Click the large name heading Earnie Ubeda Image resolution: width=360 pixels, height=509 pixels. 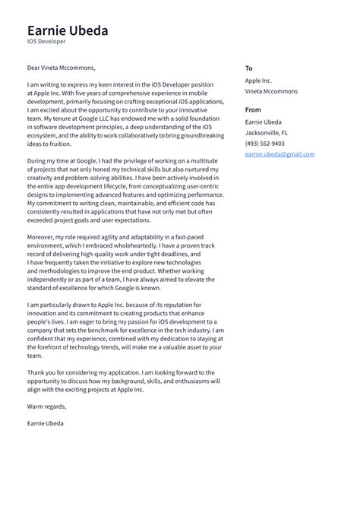[x=68, y=30]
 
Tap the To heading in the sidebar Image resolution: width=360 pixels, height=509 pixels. [x=248, y=68]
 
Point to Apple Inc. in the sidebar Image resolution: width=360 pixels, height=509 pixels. [x=258, y=80]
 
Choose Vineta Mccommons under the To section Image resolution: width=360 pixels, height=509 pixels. [x=271, y=91]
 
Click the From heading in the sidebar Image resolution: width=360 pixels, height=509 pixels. [x=253, y=110]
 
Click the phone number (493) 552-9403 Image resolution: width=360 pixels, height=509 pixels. [x=264, y=144]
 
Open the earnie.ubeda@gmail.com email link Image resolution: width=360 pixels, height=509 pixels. [x=279, y=154]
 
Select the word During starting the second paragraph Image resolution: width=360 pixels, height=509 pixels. [x=39, y=162]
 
